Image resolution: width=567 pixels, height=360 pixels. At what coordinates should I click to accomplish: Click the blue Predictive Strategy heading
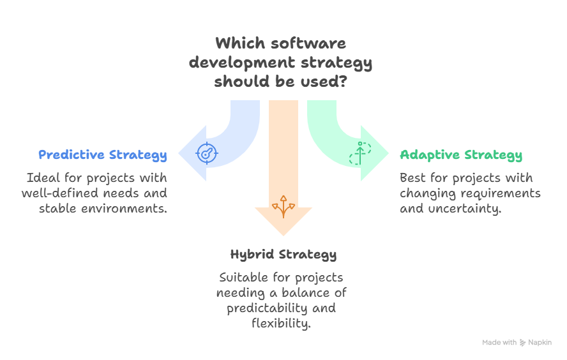103,154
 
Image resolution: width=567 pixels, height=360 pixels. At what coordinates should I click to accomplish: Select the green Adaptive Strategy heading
461,154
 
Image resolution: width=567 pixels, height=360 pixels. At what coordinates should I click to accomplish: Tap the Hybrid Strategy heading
283,254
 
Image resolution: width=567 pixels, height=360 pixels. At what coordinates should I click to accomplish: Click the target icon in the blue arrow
207,153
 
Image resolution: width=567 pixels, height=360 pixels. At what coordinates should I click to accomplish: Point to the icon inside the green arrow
359,153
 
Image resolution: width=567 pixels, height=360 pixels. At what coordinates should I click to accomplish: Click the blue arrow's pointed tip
179,153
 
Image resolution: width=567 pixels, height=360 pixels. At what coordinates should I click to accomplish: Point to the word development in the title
240,63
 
